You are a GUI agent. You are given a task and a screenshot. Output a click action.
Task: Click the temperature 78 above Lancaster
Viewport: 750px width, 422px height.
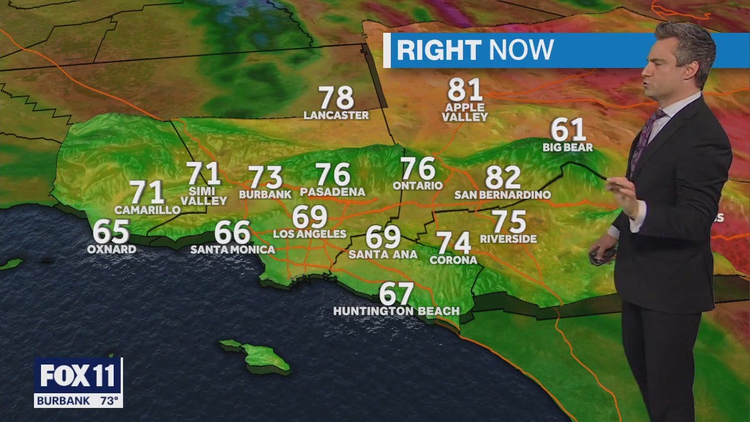tap(336, 97)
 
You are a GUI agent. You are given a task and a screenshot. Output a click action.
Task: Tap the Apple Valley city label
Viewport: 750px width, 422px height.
tap(465, 112)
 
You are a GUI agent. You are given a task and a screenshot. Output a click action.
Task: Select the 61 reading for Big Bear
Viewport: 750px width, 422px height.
tap(568, 130)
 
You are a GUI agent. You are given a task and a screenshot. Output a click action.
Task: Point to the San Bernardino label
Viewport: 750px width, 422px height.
tap(503, 195)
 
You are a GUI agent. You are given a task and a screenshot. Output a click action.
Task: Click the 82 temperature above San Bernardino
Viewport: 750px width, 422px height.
tap(503, 177)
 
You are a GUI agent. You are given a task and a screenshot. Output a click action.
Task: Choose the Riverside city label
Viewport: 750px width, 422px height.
tap(508, 239)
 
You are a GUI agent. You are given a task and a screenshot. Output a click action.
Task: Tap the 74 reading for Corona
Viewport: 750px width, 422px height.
tap(454, 243)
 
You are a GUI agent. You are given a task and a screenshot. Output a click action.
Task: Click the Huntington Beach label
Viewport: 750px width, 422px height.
tap(396, 311)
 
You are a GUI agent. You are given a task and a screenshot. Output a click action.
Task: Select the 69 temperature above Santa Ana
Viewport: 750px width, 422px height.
tap(383, 237)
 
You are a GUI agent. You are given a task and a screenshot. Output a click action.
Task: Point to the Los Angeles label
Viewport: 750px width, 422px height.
tap(310, 234)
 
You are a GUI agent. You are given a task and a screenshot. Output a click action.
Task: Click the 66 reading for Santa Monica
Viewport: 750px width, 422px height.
tap(233, 233)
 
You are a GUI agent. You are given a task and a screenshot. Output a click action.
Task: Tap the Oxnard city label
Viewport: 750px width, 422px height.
tap(111, 249)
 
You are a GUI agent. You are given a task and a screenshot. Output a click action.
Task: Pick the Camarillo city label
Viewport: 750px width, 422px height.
tap(147, 210)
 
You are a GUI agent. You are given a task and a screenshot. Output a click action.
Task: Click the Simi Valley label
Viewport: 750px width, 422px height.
tap(203, 196)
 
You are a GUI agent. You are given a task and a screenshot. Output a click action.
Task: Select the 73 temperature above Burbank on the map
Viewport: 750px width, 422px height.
tap(265, 177)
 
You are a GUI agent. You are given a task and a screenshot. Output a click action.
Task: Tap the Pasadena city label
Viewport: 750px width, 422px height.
tap(332, 192)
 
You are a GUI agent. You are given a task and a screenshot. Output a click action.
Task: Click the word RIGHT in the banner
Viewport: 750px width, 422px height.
tap(438, 50)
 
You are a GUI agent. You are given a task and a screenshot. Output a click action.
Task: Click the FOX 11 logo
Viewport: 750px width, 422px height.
tap(78, 376)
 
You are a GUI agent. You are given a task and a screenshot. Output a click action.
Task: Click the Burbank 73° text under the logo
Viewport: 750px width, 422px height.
tap(78, 401)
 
